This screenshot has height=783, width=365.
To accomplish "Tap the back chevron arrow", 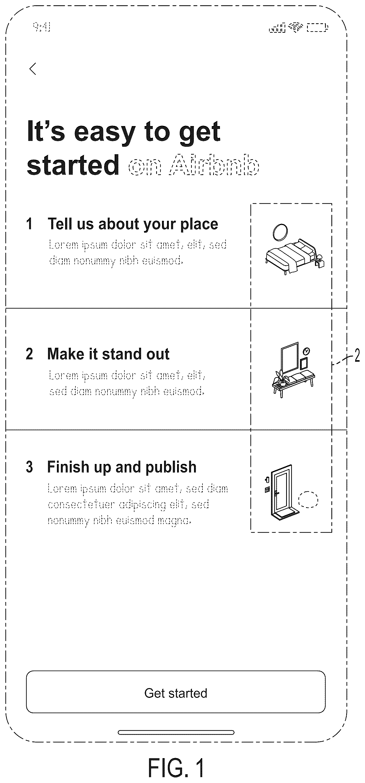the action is (33, 69).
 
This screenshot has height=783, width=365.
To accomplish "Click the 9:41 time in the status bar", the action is (42, 27).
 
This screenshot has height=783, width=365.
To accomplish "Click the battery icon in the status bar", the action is (318, 28).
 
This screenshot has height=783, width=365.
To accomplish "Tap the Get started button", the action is (176, 692).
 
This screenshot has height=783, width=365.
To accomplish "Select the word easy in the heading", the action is (105, 132).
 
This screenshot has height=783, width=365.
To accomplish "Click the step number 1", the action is (29, 224).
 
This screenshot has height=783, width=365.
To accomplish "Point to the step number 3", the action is (29, 467).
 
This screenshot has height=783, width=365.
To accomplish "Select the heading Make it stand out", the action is (108, 354).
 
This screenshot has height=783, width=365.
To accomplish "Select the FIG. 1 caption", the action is (176, 767).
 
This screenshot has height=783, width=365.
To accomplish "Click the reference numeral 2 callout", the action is (357, 356).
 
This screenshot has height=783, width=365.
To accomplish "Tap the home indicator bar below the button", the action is (176, 732).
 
